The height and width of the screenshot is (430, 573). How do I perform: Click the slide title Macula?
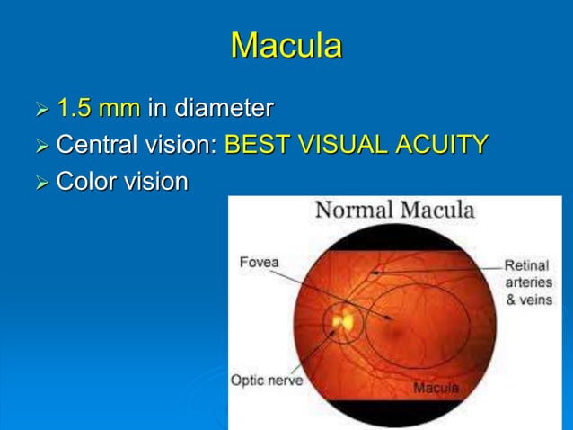pos(286,45)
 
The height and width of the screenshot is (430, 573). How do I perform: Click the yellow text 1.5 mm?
pos(98,110)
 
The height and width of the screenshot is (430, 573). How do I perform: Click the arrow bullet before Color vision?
pos(40,183)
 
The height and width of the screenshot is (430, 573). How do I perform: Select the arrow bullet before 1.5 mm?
pos(40,112)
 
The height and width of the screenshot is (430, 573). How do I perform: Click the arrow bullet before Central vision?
pos(40,147)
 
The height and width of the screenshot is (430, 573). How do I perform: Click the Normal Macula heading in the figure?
pos(393,211)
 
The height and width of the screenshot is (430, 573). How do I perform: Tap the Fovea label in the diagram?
pos(260,263)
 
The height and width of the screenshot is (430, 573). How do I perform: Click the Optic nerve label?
pos(267,380)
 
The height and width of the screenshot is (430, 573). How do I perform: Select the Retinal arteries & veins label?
pos(528,282)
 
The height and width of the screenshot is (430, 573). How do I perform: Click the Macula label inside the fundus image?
pos(436,388)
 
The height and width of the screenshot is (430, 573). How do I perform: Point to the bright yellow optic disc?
pos(342,319)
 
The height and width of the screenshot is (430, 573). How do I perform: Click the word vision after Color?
pos(154,181)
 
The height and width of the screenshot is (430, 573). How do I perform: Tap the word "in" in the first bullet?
pos(156,110)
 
